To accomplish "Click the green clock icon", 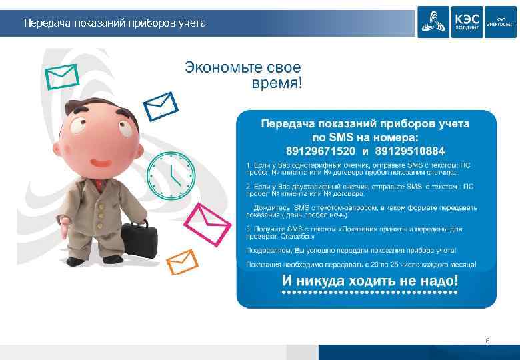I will [x=170, y=175].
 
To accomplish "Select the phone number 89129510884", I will [x=407, y=150].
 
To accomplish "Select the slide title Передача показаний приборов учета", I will [x=115, y=24].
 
